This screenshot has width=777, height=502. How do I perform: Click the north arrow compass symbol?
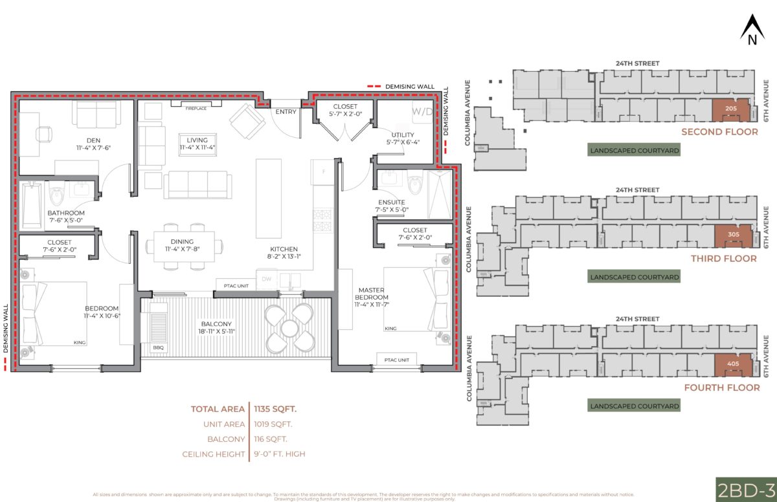(x=752, y=31)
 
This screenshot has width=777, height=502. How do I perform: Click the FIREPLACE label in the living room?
(x=196, y=108)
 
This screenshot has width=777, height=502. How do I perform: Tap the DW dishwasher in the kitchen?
(x=266, y=279)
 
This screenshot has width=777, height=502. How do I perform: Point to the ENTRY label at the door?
(x=286, y=112)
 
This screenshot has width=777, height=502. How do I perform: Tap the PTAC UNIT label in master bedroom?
(x=396, y=359)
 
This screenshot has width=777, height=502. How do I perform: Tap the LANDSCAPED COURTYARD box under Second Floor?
(x=634, y=150)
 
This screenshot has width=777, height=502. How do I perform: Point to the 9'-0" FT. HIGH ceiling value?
(x=279, y=454)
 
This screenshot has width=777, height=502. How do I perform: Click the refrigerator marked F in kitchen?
(x=322, y=171)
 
